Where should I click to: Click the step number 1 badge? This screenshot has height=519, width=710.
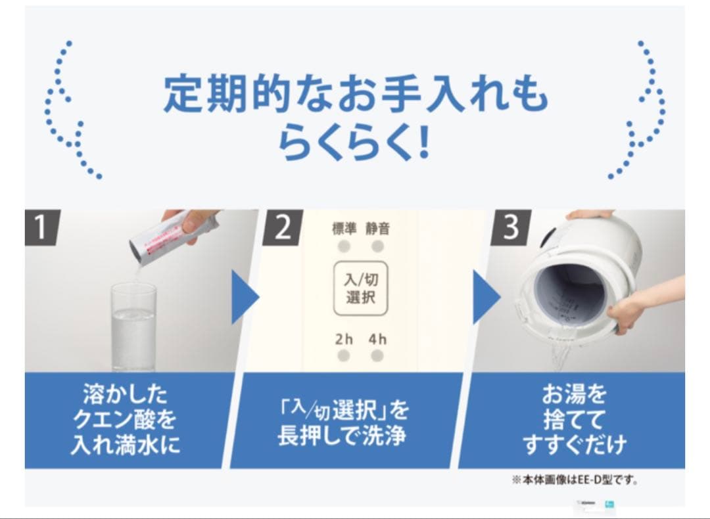pyautogui.click(x=40, y=227)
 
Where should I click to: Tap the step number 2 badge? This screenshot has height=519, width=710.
pyautogui.click(x=282, y=227)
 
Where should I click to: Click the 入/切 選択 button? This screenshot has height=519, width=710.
pyautogui.click(x=361, y=289)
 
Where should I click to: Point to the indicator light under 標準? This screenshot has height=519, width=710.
pyautogui.click(x=344, y=246)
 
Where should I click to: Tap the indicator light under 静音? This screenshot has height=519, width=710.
pyautogui.click(x=377, y=246)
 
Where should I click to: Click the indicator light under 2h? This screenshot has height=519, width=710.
pyautogui.click(x=344, y=356)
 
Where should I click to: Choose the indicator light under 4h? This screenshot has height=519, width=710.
pyautogui.click(x=377, y=356)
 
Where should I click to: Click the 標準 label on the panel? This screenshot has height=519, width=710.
pyautogui.click(x=344, y=229)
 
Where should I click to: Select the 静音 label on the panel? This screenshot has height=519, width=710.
pyautogui.click(x=377, y=229)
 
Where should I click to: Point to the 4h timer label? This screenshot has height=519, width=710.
pyautogui.click(x=377, y=340)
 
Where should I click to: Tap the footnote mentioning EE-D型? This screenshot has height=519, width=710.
pyautogui.click(x=575, y=480)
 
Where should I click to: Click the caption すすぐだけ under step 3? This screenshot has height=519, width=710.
pyautogui.click(x=575, y=445)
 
